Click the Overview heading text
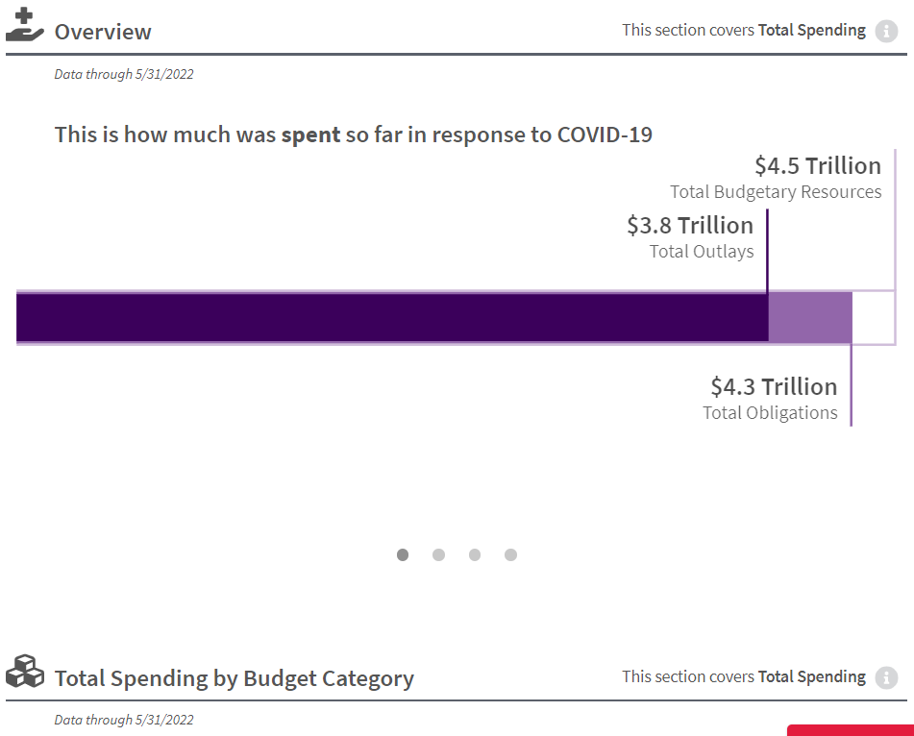click(x=103, y=32)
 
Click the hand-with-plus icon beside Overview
click(x=25, y=26)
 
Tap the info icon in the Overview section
click(x=886, y=31)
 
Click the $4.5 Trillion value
click(x=818, y=165)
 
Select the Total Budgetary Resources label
click(x=776, y=192)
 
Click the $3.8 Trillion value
click(x=690, y=225)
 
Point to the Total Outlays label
click(x=702, y=252)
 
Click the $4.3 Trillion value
click(x=774, y=386)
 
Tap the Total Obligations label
click(x=770, y=413)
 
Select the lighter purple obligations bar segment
click(x=810, y=317)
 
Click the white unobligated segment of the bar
click(x=873, y=317)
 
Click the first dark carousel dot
click(x=403, y=554)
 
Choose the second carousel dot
click(x=438, y=554)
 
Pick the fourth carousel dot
click(x=510, y=554)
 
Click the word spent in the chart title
click(x=310, y=135)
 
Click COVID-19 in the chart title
click(x=605, y=135)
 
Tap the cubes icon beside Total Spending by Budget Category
click(x=25, y=672)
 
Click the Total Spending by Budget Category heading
click(x=235, y=678)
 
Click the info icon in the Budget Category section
click(x=886, y=677)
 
